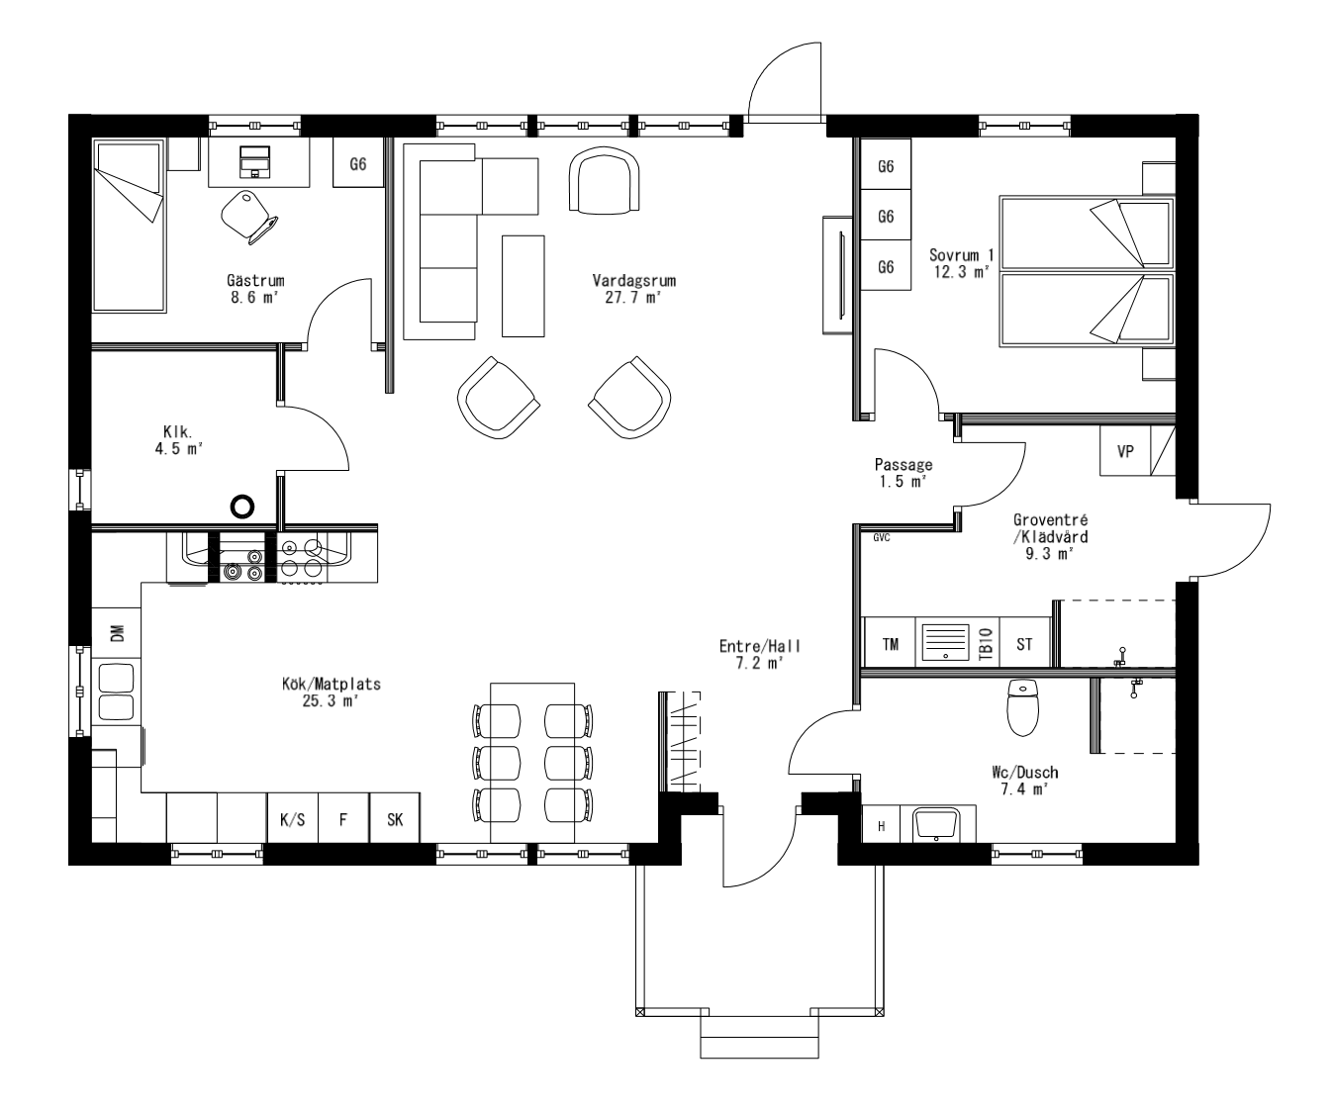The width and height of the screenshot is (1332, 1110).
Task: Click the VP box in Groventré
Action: point(1124,451)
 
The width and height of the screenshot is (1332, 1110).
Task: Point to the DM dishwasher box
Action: point(117,634)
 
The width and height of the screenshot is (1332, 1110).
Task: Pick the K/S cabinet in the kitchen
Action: point(292,819)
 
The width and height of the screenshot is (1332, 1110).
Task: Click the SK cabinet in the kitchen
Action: point(395,819)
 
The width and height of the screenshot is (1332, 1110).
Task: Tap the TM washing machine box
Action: point(890,644)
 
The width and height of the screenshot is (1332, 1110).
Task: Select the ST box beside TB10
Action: point(1024,644)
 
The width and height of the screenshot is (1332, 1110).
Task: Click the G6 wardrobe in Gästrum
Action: point(357,164)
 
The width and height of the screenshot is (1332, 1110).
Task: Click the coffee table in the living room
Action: point(523,285)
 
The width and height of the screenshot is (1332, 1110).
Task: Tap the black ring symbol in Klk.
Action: point(241,507)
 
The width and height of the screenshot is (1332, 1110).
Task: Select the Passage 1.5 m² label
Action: point(903,472)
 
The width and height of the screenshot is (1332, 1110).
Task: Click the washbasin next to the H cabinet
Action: point(936,823)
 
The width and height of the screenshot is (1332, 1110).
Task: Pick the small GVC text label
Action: point(881,538)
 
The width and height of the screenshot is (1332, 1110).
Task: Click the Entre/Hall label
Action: point(759,654)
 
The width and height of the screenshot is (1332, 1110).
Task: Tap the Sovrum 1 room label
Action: point(961,262)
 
